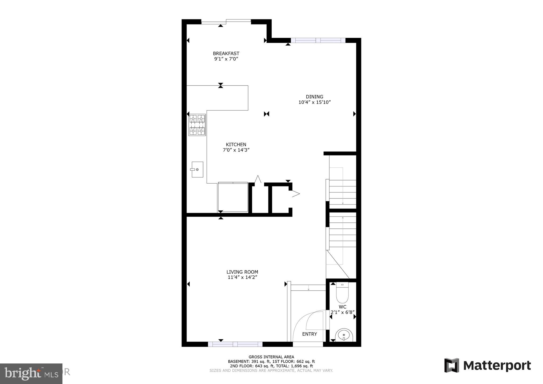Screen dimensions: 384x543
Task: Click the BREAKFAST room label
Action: coord(226,53)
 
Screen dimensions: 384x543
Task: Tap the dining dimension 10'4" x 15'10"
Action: coord(315,102)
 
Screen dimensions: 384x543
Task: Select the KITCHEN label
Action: coord(236,145)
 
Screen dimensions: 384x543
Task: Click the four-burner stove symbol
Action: coord(197,125)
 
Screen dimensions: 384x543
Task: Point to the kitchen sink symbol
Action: coord(197,169)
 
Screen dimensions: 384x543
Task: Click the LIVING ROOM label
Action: coord(242,272)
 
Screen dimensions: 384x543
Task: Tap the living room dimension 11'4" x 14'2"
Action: coord(242,277)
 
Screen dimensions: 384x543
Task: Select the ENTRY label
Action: coord(310,334)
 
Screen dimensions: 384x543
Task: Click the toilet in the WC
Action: coord(342,293)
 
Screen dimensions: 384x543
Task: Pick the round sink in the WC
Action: coord(344,335)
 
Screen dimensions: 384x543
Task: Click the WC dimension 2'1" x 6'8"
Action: coord(342,312)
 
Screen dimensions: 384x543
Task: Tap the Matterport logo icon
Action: coord(451,365)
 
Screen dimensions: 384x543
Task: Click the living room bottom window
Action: coord(235,344)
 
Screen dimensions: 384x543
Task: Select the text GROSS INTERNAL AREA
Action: coord(271,357)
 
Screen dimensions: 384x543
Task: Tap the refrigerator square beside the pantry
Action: coord(233,197)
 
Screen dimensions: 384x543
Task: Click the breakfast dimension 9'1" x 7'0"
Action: coord(226,59)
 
